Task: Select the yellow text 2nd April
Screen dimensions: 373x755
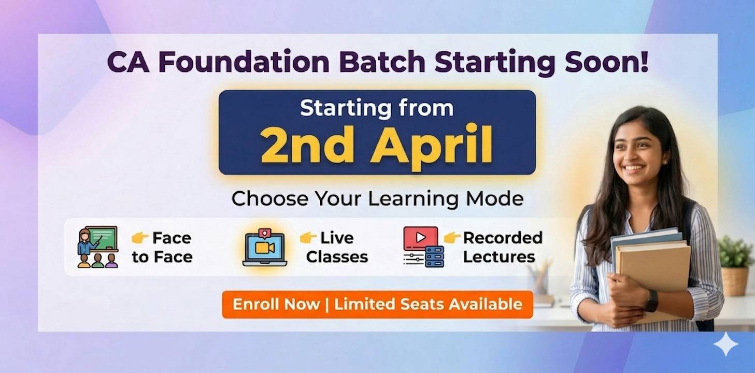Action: (376, 144)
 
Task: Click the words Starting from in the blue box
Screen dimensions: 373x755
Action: (377, 108)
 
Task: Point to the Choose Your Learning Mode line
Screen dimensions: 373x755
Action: (377, 199)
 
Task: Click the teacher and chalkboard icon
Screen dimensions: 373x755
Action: (98, 247)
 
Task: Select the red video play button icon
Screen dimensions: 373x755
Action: (420, 238)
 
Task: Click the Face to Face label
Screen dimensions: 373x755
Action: (162, 247)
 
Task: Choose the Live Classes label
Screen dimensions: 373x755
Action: (337, 247)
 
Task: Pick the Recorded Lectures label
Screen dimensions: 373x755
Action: (502, 247)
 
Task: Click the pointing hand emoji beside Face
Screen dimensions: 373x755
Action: (140, 238)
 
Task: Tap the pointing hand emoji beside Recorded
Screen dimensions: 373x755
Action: (452, 238)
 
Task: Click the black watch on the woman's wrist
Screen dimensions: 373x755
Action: (651, 300)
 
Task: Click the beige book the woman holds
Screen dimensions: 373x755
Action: (656, 269)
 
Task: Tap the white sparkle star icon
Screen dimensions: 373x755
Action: (725, 345)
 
